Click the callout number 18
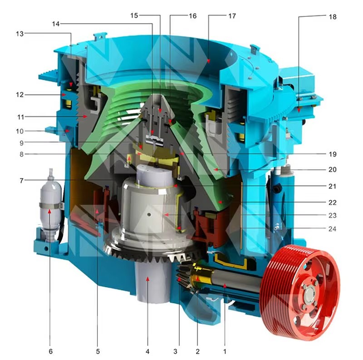click(333, 17)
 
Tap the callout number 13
click(20, 34)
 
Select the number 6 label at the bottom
click(51, 351)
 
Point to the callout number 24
click(332, 229)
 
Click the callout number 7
click(21, 181)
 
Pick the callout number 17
click(232, 16)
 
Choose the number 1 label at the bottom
click(225, 351)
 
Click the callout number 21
click(332, 186)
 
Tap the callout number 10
click(20, 131)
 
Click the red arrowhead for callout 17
click(208, 61)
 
